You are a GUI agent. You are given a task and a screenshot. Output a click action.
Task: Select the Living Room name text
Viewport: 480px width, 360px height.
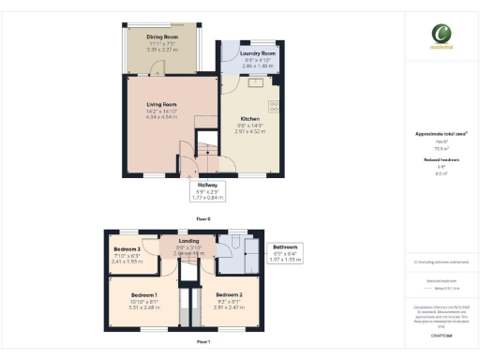tap(161, 105)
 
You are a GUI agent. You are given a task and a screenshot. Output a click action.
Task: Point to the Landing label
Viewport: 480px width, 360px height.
tap(188, 241)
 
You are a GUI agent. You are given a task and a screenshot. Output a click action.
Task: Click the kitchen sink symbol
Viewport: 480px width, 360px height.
tap(254, 82)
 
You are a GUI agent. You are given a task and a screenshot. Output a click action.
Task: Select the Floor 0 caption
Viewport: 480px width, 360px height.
tap(202, 217)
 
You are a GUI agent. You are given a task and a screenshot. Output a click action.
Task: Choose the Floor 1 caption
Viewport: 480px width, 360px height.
tap(202, 342)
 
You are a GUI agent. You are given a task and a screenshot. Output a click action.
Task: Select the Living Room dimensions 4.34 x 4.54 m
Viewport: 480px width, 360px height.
tap(161, 117)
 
